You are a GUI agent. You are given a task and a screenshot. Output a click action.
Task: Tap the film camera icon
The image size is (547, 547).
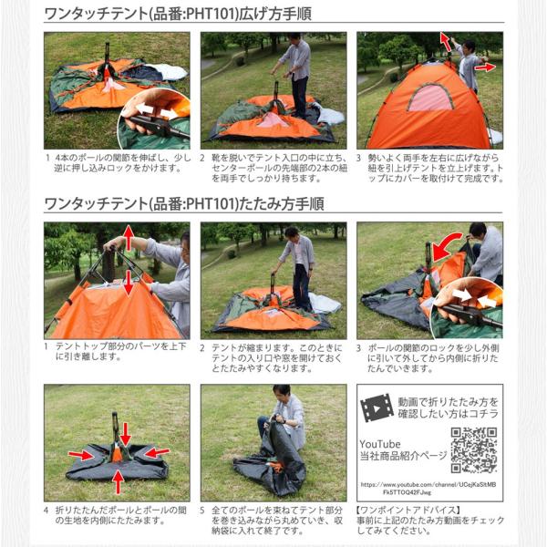pos(377,407)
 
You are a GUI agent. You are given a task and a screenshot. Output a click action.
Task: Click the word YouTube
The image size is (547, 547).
pos(380,443)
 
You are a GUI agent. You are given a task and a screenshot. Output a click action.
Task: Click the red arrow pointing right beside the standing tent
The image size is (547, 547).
pos(485,67)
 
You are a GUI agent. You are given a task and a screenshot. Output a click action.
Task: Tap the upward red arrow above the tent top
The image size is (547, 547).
pos(129,239)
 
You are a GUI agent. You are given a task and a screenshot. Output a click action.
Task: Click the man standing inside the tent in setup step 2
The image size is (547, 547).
pos(296,73)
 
